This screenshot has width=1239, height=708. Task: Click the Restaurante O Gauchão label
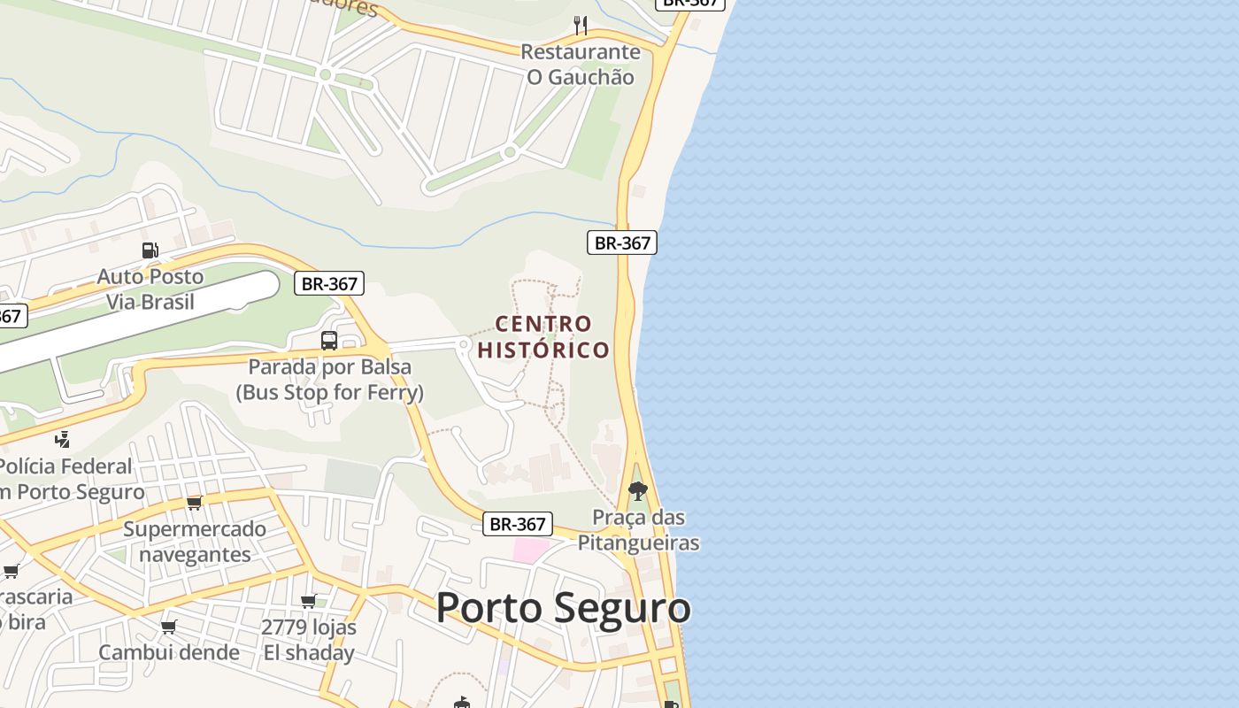point(581,65)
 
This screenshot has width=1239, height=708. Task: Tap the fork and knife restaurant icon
point(581,25)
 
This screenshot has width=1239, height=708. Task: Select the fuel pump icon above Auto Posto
point(150,250)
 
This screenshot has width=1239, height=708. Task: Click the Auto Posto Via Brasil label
point(150,289)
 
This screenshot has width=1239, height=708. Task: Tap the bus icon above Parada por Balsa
point(329,340)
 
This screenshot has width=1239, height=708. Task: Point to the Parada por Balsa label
point(329,379)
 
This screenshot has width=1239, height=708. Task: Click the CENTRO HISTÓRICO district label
point(543,337)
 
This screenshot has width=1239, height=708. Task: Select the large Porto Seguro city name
point(563,608)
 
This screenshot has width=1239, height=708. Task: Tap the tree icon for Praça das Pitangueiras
point(637,491)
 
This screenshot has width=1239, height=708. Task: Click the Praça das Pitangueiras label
point(638,530)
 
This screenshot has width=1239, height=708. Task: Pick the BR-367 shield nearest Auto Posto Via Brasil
point(329,284)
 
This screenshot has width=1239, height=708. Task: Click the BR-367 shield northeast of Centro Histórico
point(622,242)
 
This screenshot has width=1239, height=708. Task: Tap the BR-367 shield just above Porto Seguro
point(518,524)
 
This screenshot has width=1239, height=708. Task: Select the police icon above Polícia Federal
point(62,438)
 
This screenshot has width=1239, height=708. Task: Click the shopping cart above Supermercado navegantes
point(195,503)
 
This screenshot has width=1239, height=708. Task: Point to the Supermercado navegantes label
point(195,542)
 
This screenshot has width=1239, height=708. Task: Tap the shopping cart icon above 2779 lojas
point(309,602)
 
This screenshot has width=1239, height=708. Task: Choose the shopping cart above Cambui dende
point(169,627)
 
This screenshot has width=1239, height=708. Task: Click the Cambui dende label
point(169,652)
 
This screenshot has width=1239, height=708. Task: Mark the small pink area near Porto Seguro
point(531,550)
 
